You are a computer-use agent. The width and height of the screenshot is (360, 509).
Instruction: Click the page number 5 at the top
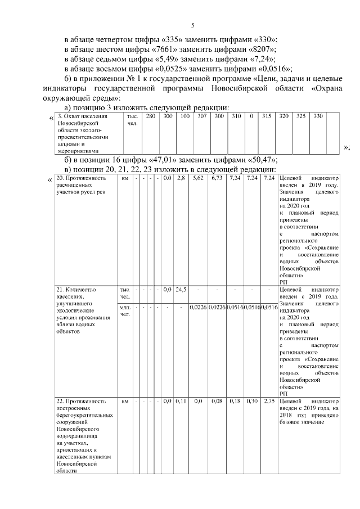coord(192,25)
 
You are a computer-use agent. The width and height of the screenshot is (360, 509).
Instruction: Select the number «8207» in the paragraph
coord(258,49)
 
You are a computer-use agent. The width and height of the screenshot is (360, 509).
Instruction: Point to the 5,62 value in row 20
coord(197,178)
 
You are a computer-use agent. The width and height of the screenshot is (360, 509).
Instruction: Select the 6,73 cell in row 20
coord(217,178)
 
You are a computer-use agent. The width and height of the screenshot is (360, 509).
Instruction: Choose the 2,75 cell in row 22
coord(269,401)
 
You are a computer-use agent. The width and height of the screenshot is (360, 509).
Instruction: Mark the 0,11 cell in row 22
coord(181,401)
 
